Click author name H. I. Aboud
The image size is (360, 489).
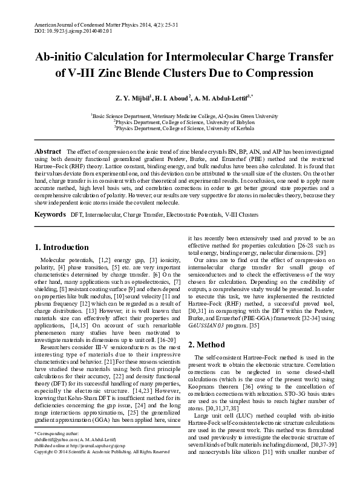[x=172, y=97]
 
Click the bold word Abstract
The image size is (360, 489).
[x=48, y=151]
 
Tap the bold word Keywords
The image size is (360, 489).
[x=50, y=215]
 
